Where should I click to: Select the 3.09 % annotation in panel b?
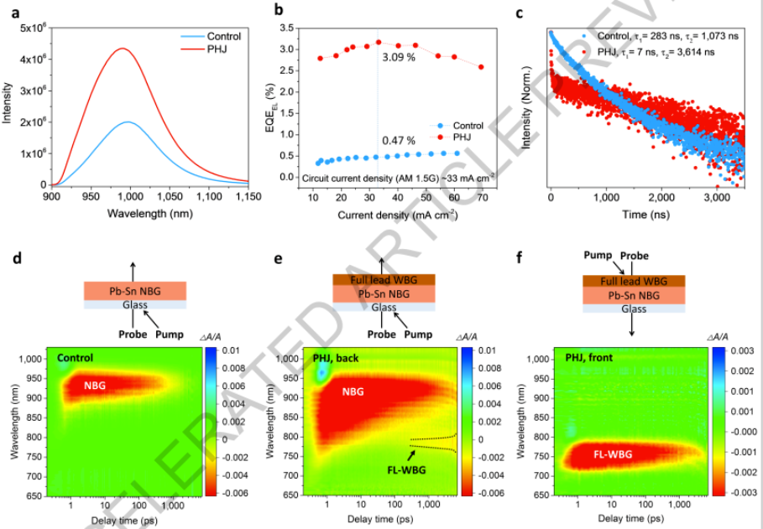tap(400, 57)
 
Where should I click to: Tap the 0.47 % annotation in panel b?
tap(399, 140)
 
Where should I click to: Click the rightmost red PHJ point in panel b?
tap(481, 67)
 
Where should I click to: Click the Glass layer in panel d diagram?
tap(134, 306)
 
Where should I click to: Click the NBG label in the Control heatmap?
tap(97, 386)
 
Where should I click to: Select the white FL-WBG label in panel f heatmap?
tap(614, 454)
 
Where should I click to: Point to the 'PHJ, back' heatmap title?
tap(337, 358)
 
